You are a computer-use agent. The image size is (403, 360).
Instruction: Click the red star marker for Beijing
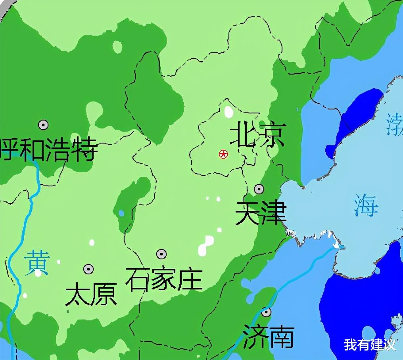tap(223, 154)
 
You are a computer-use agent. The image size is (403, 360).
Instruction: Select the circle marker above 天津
tap(259, 189)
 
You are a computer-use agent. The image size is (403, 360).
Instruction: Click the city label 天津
tap(261, 213)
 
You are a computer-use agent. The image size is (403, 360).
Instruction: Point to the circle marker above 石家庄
tap(161, 254)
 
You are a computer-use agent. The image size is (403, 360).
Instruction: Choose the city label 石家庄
tap(164, 279)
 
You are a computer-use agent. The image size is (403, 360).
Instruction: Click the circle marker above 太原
tap(88, 269)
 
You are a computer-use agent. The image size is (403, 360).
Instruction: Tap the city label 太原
tap(91, 294)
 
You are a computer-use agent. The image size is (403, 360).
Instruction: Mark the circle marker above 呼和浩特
tap(43, 125)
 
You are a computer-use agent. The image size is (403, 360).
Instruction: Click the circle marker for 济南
tap(266, 312)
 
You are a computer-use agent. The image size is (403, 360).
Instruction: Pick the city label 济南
tap(269, 337)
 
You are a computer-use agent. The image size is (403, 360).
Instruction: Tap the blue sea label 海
tap(367, 205)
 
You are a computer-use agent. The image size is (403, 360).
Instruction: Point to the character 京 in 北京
tap(273, 134)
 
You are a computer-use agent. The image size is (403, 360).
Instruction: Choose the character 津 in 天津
tap(274, 213)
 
